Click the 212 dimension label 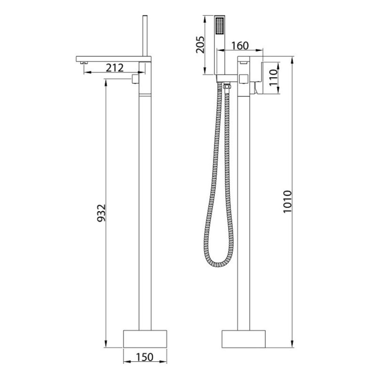click(115, 68)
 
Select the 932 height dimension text click(101, 213)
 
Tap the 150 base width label click(145, 357)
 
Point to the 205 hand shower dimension click(200, 44)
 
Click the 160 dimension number click(240, 46)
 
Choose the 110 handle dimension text click(273, 78)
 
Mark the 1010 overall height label click(287, 202)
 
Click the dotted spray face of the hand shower click(220, 25)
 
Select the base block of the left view click(145, 339)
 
